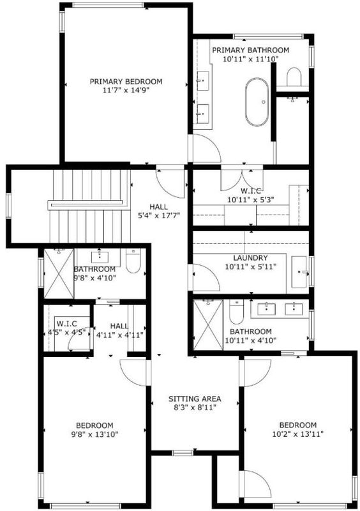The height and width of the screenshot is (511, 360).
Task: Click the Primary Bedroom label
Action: click(x=126, y=82)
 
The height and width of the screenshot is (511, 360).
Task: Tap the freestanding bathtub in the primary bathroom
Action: click(x=257, y=102)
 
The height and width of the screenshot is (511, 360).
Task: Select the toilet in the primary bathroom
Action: click(x=294, y=77)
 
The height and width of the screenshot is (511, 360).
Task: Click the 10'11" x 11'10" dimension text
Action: click(x=251, y=59)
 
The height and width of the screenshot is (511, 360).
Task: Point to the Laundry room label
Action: click(x=251, y=258)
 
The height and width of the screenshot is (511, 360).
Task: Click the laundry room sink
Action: click(x=299, y=272)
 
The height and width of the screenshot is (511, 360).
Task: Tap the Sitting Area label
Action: click(x=195, y=399)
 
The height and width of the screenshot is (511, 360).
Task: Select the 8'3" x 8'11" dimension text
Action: click(x=195, y=408)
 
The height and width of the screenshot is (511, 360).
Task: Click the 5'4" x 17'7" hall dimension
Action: click(x=160, y=215)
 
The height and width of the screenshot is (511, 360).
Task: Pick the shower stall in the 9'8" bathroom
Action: click(x=59, y=273)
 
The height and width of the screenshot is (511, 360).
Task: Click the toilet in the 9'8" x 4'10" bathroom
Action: click(x=133, y=261)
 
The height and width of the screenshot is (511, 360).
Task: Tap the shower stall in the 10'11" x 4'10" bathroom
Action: click(x=208, y=325)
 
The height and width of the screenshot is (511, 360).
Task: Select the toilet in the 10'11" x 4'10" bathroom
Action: click(x=236, y=312)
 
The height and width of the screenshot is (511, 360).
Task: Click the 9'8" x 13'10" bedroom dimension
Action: click(x=95, y=434)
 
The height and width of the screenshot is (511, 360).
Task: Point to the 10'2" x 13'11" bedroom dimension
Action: click(x=298, y=434)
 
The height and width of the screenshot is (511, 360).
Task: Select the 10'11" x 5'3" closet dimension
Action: click(x=251, y=199)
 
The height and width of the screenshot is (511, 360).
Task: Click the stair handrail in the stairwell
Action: click(x=86, y=204)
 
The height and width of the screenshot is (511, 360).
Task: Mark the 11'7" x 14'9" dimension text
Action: click(x=126, y=90)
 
